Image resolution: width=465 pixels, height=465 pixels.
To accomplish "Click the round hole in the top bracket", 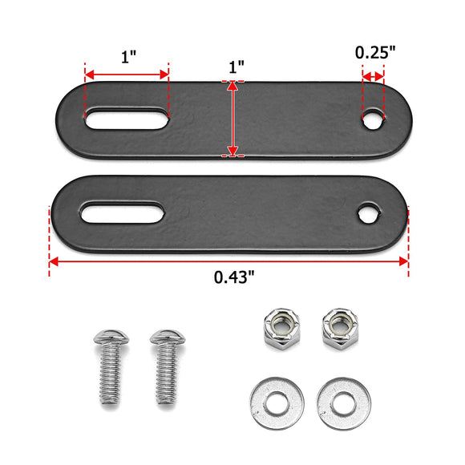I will pos(373,120).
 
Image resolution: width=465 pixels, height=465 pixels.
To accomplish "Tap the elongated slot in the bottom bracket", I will pos(123,215).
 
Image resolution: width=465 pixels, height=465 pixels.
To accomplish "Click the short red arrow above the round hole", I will pos(374,76).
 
